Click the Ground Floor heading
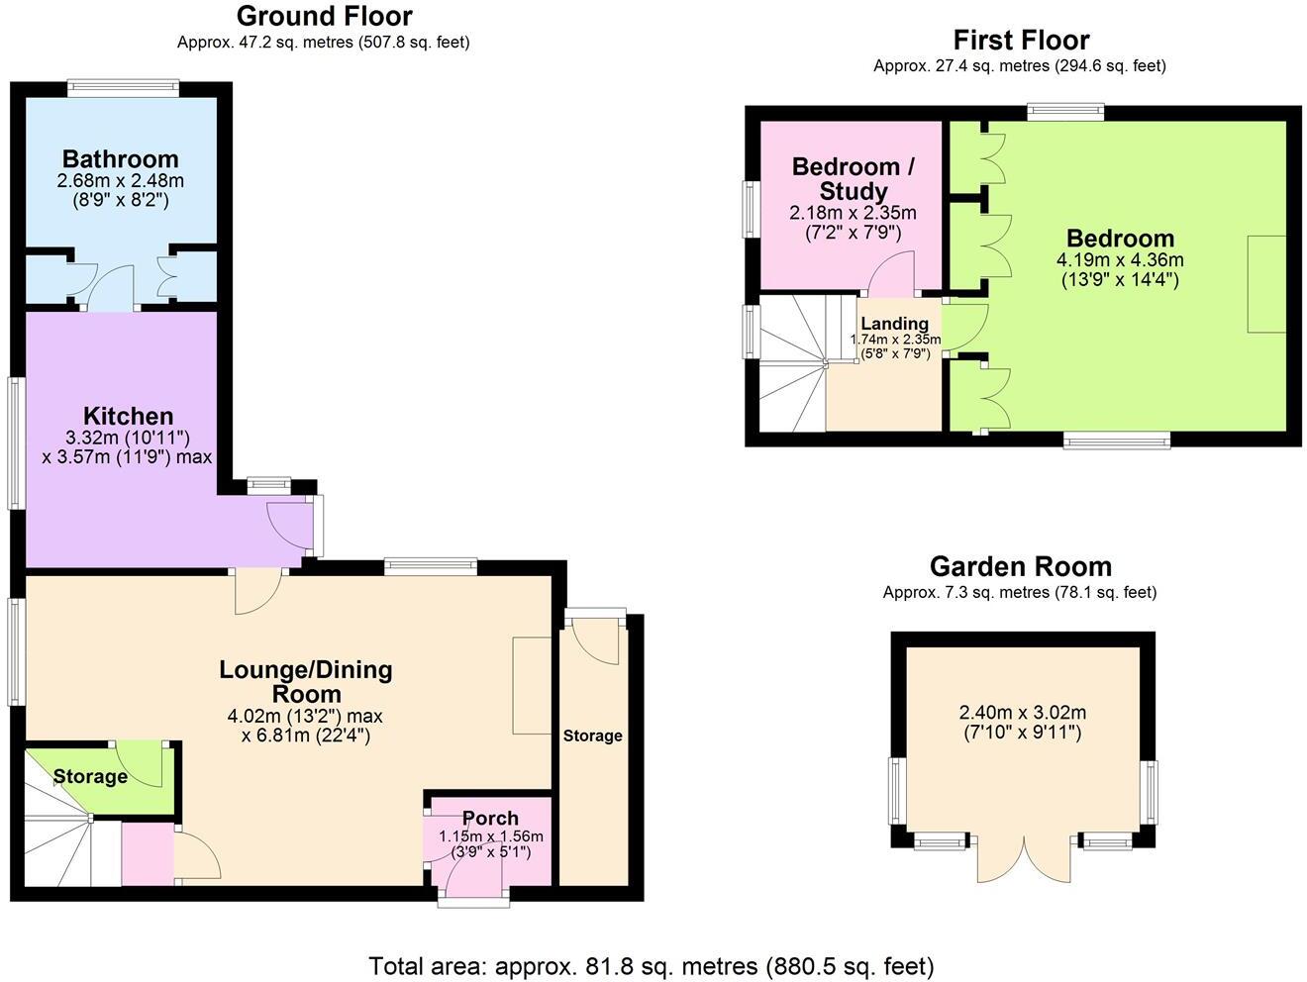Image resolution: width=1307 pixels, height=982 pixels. click(324, 17)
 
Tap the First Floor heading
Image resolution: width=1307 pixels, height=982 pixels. click(1021, 41)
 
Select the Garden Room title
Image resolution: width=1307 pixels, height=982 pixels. click(1021, 566)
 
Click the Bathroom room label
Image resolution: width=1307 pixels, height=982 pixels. click(120, 159)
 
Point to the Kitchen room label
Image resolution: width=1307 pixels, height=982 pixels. click(128, 416)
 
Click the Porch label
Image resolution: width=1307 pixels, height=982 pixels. click(490, 819)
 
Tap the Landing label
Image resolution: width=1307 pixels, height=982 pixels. click(894, 324)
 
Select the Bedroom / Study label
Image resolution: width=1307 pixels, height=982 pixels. click(854, 179)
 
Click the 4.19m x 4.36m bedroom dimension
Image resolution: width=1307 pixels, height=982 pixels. click(1120, 260)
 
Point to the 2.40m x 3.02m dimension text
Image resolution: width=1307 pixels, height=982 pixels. click(1023, 713)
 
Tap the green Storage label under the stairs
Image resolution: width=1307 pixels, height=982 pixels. click(90, 777)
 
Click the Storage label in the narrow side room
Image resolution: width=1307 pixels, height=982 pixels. click(592, 736)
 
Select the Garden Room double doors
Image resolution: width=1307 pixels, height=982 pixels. click(1024, 859)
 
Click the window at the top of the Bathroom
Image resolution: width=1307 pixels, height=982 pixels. click(123, 87)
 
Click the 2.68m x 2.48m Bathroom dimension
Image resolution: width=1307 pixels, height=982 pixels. click(120, 181)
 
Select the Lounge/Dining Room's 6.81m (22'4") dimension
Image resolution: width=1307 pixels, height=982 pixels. click(306, 736)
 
